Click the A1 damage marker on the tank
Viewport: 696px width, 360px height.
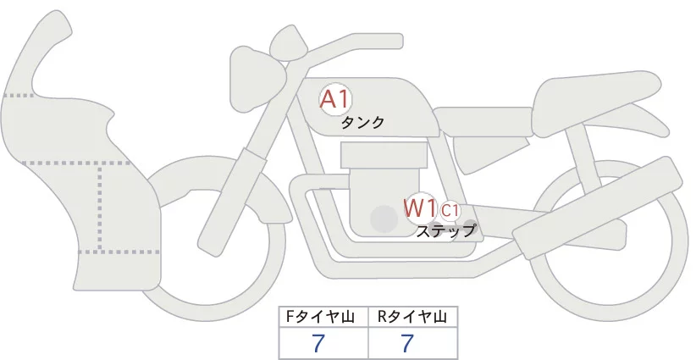[334, 99]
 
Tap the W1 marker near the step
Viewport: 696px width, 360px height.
[419, 207]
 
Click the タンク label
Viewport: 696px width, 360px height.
[362, 123]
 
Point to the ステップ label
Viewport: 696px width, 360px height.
[446, 230]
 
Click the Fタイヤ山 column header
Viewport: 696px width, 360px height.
[324, 317]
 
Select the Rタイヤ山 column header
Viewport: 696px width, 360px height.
[412, 317]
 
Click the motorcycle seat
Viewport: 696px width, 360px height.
[593, 106]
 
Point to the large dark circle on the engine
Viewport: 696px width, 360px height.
[384, 220]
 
